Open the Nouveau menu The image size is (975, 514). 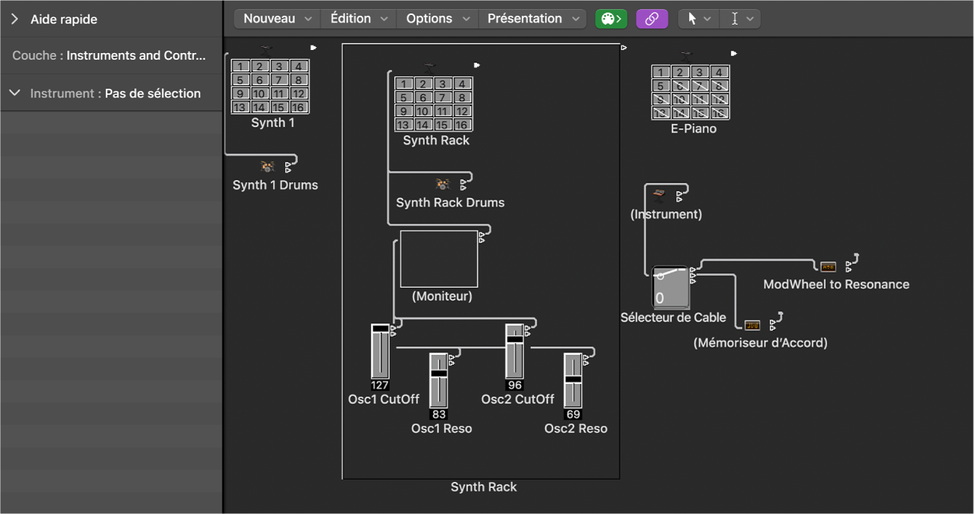tap(277, 19)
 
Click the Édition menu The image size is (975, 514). tap(358, 19)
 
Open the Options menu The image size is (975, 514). tap(437, 19)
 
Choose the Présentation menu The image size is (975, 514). tap(532, 19)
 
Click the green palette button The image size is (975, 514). tap(611, 19)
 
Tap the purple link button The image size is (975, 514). tap(652, 19)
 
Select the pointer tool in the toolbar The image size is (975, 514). tap(698, 19)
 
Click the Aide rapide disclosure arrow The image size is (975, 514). tap(14, 19)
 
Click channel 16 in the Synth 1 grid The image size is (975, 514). tap(298, 107)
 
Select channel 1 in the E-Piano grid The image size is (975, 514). tap(660, 72)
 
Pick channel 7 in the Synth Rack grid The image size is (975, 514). tap(442, 98)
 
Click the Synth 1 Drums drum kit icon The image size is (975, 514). tap(267, 166)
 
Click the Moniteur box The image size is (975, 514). tap(439, 259)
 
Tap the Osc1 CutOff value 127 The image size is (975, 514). tap(379, 385)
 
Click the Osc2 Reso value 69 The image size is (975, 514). tap(573, 415)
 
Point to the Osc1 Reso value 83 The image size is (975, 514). tap(439, 415)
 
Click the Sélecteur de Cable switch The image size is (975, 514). tap(670, 287)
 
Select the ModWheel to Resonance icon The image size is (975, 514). tap(828, 266)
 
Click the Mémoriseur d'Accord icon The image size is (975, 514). tap(752, 325)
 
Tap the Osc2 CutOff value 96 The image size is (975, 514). tap(514, 385)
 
